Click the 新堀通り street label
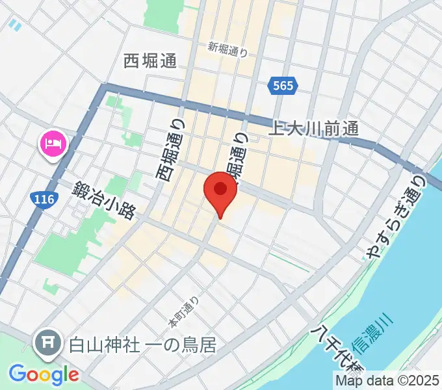coord(228,49)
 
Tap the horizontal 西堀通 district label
coord(150,61)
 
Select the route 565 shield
coord(281,85)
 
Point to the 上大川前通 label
coord(314,129)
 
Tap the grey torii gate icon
coord(48,340)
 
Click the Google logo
coord(44,374)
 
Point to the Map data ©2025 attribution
coord(387,381)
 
